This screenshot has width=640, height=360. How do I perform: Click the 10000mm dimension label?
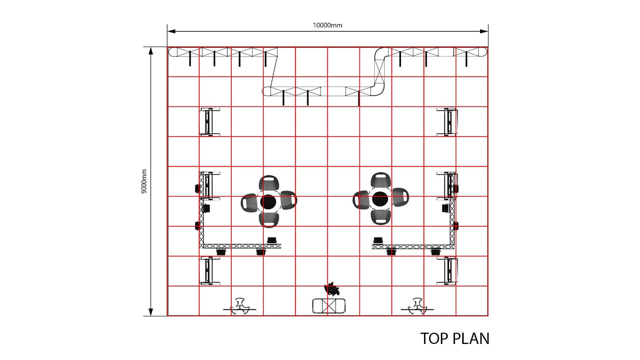coord(327,25)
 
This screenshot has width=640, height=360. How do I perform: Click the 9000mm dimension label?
coord(144,182)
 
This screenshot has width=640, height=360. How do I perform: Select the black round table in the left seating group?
coord(268,201)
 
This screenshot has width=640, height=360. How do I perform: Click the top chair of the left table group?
coord(269,183)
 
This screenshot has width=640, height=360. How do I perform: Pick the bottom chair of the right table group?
coord(380,217)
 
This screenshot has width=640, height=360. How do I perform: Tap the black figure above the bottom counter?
coord(332,289)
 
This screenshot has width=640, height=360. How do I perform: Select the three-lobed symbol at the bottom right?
coord(417,306)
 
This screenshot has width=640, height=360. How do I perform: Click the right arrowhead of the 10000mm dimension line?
coord(484,31)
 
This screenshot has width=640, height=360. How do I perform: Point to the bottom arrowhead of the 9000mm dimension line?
coord(151,312)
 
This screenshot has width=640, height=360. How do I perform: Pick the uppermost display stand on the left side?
coord(210,122)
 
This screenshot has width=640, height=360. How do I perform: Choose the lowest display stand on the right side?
coord(448,271)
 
